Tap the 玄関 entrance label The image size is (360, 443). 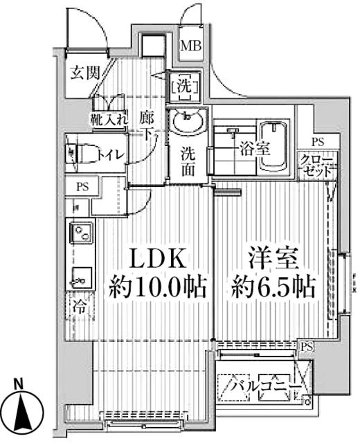click(x=84, y=73)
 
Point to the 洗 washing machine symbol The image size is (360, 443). click(x=185, y=87)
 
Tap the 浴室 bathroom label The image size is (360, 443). click(x=255, y=147)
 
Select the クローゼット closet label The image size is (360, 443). click(x=317, y=165)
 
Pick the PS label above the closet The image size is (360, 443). click(x=317, y=142)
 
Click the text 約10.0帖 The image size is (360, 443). click(x=157, y=286)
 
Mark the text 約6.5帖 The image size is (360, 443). click(x=273, y=286)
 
